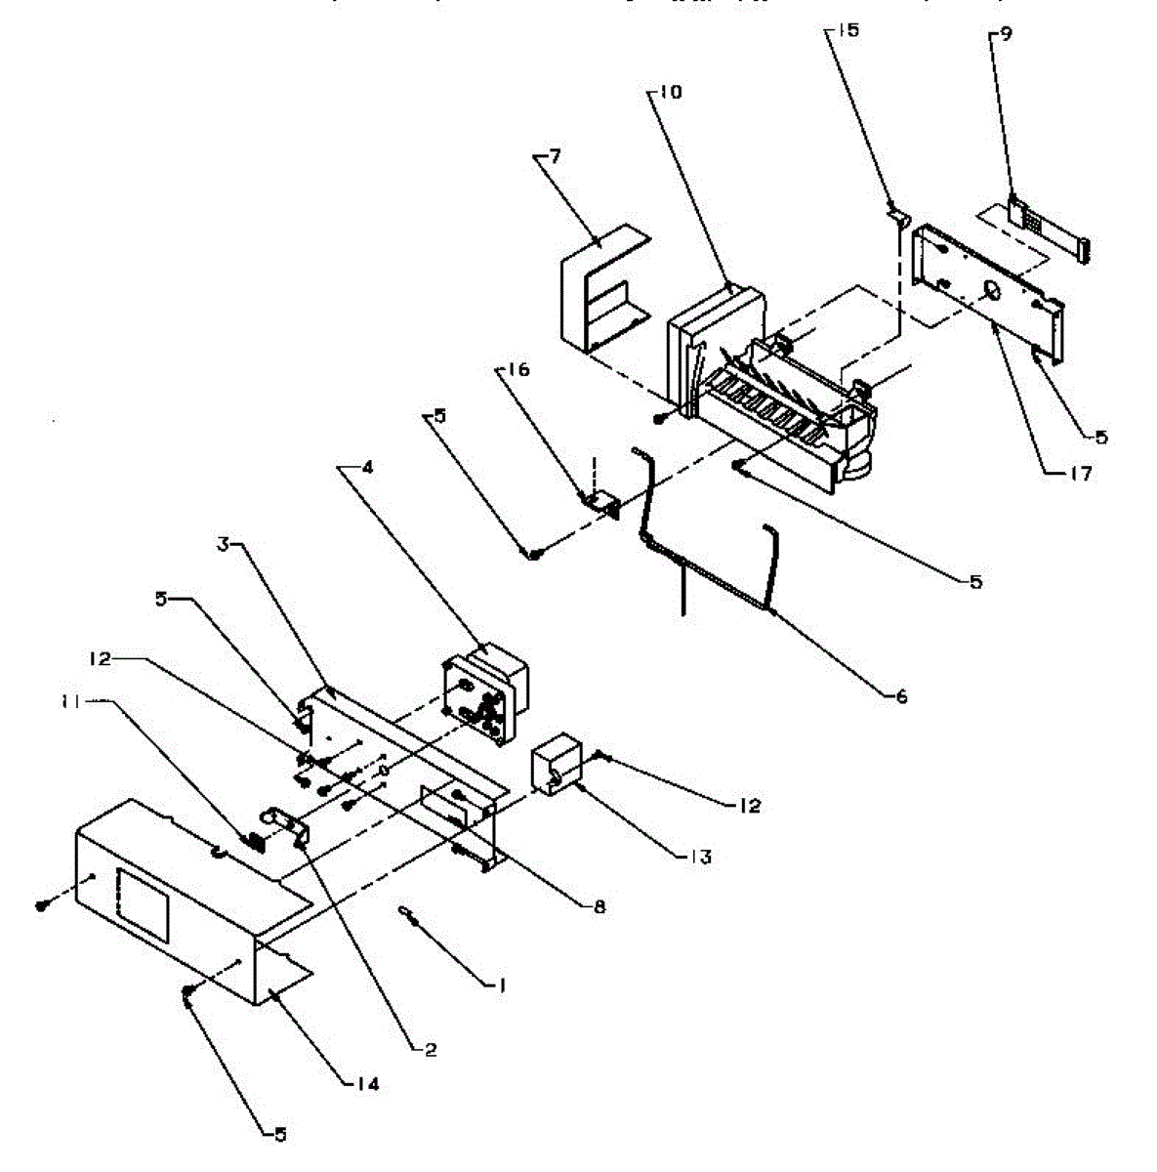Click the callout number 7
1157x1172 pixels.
pyautogui.click(x=555, y=156)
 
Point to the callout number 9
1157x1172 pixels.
pyautogui.click(x=1006, y=34)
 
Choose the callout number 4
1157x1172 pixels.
pyautogui.click(x=367, y=467)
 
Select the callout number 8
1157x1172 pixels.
pyautogui.click(x=599, y=907)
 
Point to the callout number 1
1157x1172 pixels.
pyautogui.click(x=501, y=986)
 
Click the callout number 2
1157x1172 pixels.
pyautogui.click(x=430, y=1050)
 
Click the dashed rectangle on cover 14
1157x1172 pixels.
pyautogui.click(x=143, y=904)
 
